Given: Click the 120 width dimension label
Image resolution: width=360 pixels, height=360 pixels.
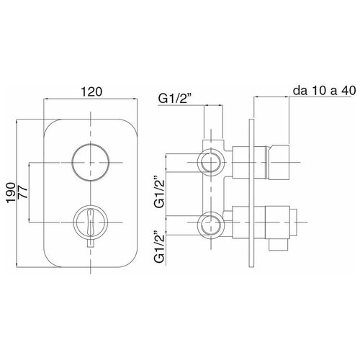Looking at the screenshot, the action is (x=91, y=91).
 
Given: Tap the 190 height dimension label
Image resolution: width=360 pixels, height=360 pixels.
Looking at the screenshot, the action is (x=11, y=193).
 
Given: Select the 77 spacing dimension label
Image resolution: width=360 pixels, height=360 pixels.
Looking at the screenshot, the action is (x=23, y=192).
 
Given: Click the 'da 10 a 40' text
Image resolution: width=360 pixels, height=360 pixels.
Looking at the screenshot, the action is (x=324, y=91).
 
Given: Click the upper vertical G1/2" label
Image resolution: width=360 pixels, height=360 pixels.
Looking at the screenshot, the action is (x=160, y=192).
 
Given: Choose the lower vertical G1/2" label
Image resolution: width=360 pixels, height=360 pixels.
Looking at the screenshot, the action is (x=160, y=246).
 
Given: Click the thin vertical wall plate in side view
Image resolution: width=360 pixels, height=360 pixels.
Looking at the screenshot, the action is (x=251, y=193).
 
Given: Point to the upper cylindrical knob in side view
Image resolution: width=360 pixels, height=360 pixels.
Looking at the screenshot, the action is (x=278, y=162).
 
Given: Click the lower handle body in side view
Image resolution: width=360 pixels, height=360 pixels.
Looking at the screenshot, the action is (x=277, y=222).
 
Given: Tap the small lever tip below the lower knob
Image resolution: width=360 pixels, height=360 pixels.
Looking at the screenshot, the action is (x=91, y=243).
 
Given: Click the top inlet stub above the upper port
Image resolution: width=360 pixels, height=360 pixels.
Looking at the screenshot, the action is (x=213, y=144).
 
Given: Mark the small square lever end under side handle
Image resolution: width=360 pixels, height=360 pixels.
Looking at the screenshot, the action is (x=278, y=245).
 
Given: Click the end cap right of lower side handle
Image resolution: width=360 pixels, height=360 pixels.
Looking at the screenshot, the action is (x=294, y=222).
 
